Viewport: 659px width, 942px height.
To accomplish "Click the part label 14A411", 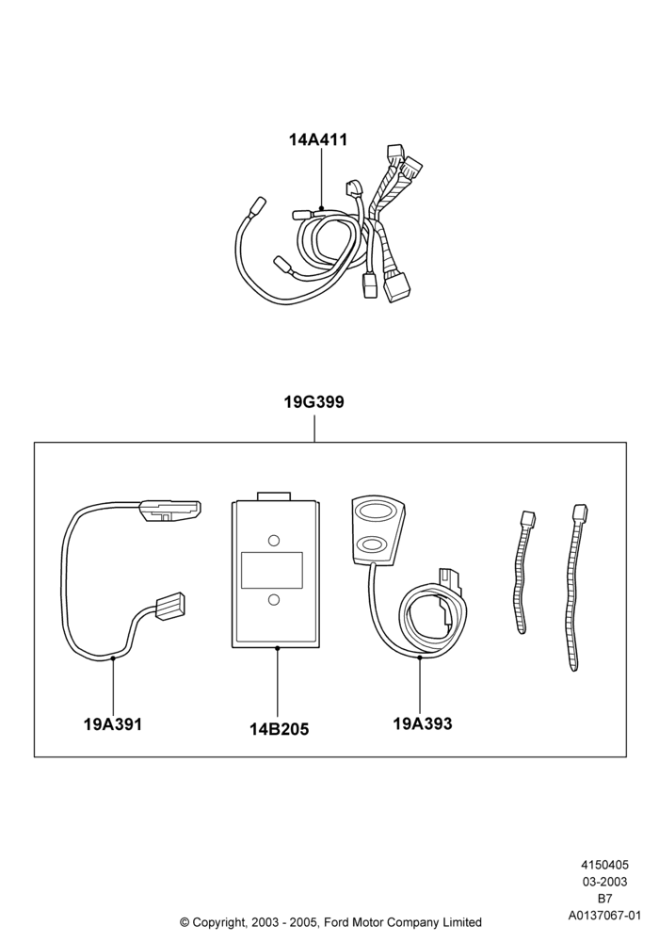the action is pos(318,140).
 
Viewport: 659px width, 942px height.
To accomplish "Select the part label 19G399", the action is pos(313,402).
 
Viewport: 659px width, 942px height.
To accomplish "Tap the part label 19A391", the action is pos(113,723).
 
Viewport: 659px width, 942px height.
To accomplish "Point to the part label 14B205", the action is pos(279,729).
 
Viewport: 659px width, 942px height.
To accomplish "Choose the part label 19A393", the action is pos(423,723).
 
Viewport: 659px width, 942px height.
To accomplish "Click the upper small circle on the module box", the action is pos(274,540).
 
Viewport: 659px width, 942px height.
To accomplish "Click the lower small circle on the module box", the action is pos(274,599).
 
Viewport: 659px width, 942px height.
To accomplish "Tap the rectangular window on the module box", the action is pos(271,570).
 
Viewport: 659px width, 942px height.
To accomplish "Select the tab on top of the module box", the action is pos(273,496).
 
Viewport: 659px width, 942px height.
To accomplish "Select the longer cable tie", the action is pos(575,586).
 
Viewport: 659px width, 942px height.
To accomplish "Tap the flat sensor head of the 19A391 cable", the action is pos(170,511).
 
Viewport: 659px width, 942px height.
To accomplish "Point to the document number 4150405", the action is pos(604,865).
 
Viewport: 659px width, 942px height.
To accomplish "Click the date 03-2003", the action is pos(604,882).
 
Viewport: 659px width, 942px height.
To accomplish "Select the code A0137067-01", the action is pos(604,916).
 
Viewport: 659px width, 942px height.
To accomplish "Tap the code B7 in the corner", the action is pos(604,899).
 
